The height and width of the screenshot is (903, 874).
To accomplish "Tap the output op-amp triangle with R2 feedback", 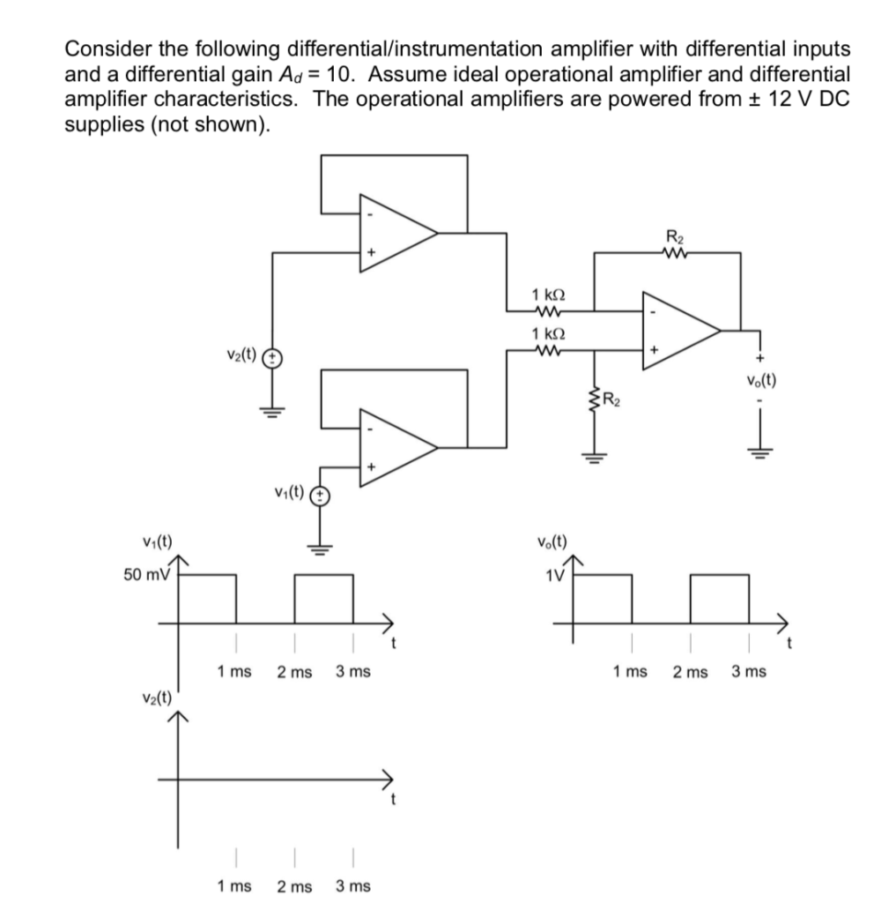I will (679, 331).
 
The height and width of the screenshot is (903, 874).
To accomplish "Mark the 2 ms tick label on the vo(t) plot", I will (689, 672).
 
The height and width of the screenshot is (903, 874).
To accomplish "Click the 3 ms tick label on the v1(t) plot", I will (352, 672).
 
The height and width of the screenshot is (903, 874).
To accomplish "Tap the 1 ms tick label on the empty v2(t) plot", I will (235, 885).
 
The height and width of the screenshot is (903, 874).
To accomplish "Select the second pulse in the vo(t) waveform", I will (718, 598).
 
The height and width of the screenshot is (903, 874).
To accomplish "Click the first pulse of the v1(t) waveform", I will (208, 598).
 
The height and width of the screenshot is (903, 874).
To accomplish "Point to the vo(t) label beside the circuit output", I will (759, 382).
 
